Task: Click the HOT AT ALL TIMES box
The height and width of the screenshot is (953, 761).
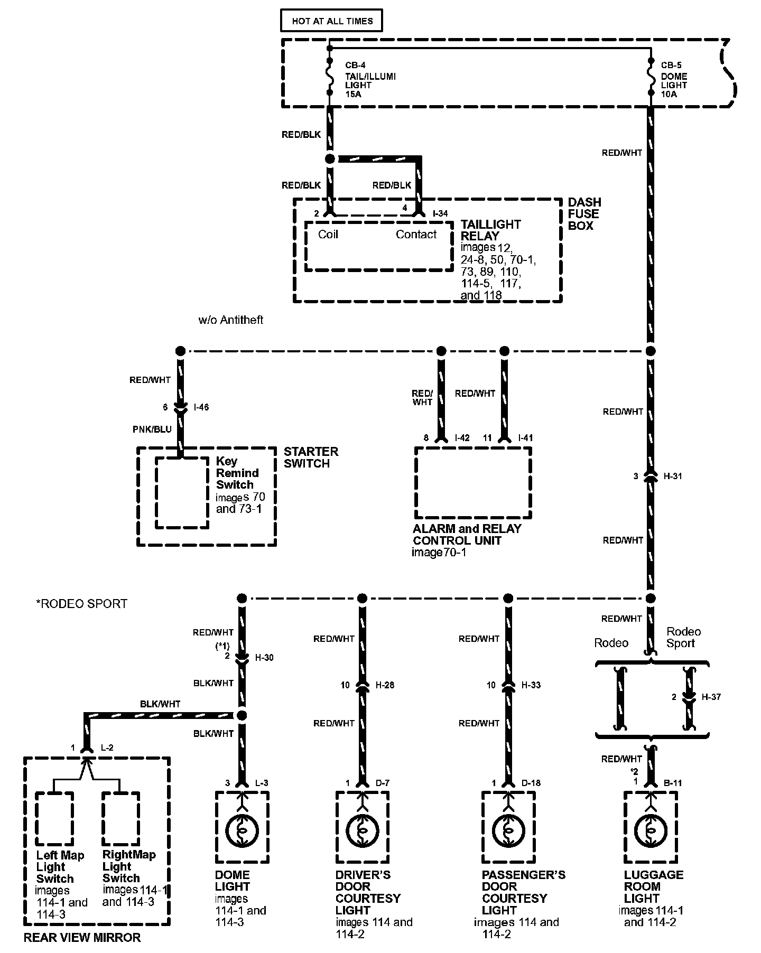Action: click(332, 21)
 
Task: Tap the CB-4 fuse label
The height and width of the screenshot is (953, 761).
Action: click(355, 66)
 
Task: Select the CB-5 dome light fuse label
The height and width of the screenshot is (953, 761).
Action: click(671, 66)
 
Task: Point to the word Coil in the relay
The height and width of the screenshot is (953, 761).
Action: click(328, 235)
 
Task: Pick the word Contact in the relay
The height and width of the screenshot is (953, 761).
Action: click(416, 235)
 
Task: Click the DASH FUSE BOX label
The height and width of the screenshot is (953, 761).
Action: click(584, 214)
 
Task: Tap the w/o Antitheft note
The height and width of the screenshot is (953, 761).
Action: click(230, 320)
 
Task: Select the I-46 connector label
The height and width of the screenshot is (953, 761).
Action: click(201, 407)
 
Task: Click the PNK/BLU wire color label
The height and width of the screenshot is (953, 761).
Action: click(152, 429)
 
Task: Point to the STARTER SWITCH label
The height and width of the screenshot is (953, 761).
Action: click(311, 457)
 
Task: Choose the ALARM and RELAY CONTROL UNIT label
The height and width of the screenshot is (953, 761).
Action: click(467, 535)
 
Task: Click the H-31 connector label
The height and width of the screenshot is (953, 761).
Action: click(672, 476)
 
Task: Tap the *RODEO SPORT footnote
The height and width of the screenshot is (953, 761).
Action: click(81, 604)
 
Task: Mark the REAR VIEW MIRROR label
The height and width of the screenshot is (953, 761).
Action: click(82, 938)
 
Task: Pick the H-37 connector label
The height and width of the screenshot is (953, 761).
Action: click(711, 697)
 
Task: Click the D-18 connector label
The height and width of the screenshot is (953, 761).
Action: click(531, 783)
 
